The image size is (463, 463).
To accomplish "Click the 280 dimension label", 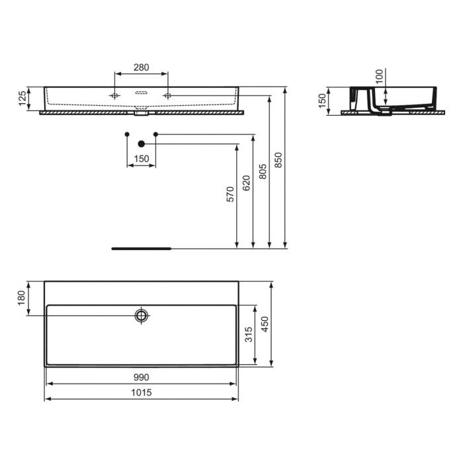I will (x=141, y=67).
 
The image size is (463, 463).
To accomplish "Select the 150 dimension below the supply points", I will (x=141, y=159).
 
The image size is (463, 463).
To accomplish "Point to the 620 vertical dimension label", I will (x=247, y=183).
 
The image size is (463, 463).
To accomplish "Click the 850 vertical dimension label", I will (x=278, y=159).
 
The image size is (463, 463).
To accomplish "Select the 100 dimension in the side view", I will (x=379, y=75).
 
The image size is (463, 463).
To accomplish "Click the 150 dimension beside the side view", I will (x=322, y=101).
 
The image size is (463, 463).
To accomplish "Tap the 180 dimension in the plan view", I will (x=21, y=299).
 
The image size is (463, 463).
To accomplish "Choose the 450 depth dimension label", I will (x=265, y=324).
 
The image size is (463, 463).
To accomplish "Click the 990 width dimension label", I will (x=141, y=378).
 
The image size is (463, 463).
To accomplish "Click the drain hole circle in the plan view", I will (x=141, y=315).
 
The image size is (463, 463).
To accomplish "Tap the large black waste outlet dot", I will (x=141, y=144).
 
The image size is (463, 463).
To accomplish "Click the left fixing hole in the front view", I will (x=114, y=96).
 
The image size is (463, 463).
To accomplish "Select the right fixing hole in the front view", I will (x=167, y=96).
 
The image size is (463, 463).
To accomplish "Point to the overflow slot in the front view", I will (x=141, y=93).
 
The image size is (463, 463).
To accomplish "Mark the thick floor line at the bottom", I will (x=142, y=249).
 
